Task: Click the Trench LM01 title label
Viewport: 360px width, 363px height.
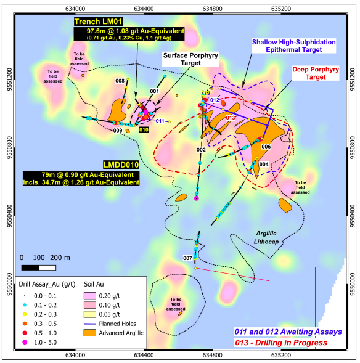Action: [x=96, y=22]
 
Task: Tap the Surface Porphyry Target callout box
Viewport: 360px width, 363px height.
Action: [x=184, y=59]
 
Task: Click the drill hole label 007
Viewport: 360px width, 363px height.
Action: [x=188, y=257]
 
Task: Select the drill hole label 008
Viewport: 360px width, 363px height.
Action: [x=120, y=81]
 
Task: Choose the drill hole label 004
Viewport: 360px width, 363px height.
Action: [x=263, y=164]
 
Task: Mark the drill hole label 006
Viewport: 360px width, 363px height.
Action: [x=266, y=147]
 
